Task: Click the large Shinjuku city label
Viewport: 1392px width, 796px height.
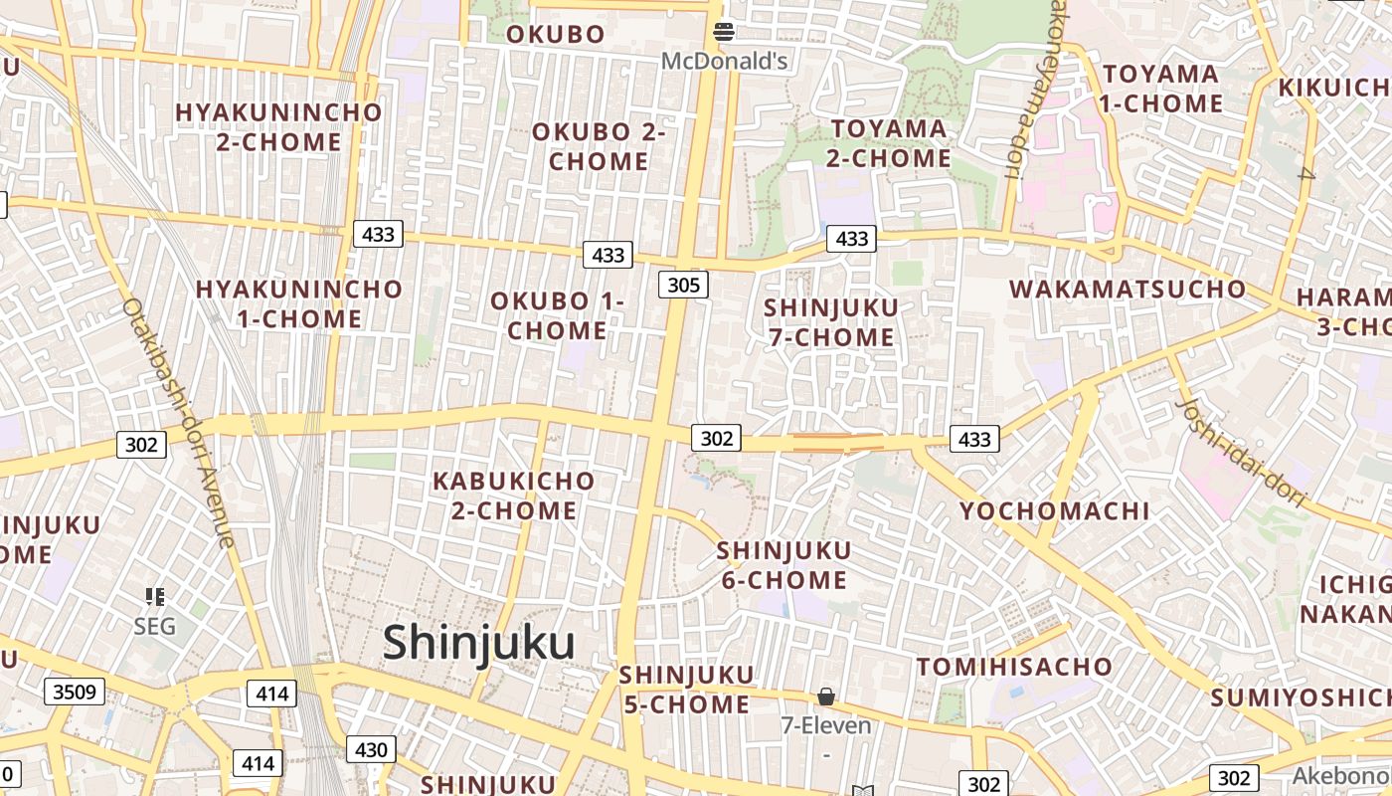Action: (479, 643)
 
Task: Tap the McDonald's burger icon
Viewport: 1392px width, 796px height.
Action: (724, 33)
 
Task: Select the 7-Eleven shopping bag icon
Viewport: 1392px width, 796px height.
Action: (825, 696)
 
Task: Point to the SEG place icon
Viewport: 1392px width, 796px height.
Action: (154, 597)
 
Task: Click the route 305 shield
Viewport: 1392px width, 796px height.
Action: (683, 286)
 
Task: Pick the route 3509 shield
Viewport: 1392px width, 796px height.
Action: (75, 691)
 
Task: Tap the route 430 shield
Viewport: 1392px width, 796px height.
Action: (371, 749)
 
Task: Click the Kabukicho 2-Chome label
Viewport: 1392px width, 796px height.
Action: (513, 496)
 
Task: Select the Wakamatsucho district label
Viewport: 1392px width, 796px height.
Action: (1128, 290)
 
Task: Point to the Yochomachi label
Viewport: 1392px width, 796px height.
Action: (1054, 511)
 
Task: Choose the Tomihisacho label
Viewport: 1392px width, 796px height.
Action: (1014, 667)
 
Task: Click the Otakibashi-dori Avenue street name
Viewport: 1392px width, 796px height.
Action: (180, 423)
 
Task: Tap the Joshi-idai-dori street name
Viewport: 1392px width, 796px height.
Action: (1242, 452)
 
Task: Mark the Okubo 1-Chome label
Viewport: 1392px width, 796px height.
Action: (557, 315)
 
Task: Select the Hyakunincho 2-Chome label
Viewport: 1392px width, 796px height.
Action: (278, 127)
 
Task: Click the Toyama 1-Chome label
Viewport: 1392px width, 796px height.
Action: (1160, 89)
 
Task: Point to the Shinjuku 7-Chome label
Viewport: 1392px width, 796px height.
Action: (831, 322)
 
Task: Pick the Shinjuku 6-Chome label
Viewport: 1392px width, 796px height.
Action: (783, 565)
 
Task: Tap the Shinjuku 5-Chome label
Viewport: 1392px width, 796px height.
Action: (686, 690)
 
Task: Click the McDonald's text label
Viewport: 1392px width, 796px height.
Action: (724, 62)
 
